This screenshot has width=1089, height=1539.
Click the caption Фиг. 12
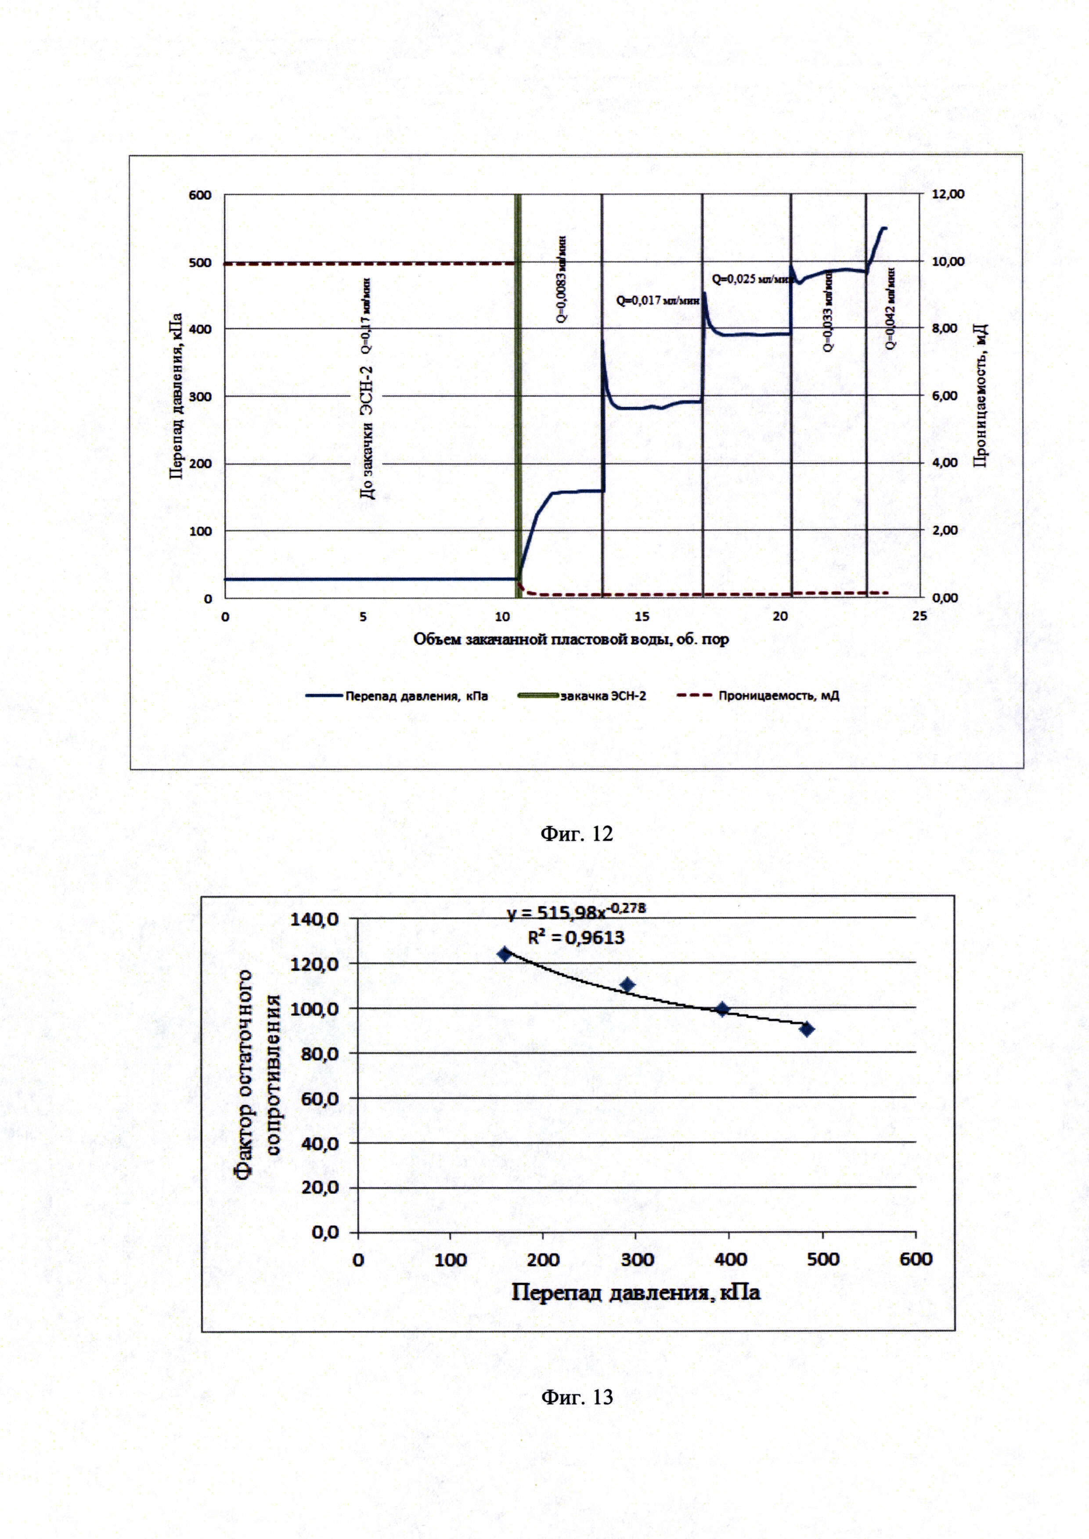coord(576,833)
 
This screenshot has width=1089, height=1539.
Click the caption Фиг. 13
coord(576,1396)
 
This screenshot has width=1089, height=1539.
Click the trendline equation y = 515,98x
coord(575,911)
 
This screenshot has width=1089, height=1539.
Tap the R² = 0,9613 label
coord(575,937)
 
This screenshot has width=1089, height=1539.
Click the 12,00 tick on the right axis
coord(948,194)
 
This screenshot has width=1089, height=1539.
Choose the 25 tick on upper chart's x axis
coord(920,616)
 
